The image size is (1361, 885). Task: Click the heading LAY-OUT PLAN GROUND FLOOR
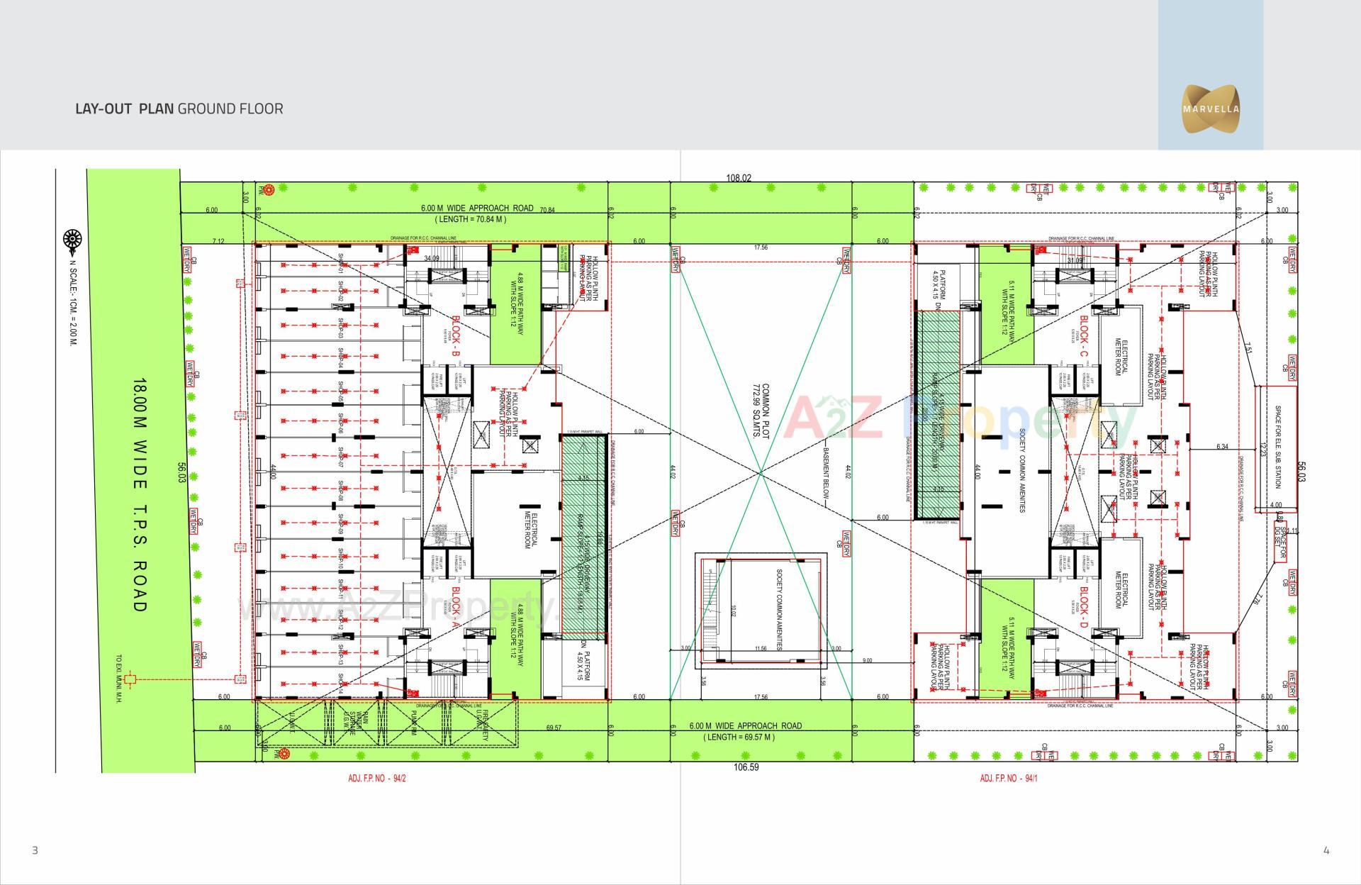(179, 108)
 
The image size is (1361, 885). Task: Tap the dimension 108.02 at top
(738, 178)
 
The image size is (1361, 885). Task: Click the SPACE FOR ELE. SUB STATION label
(1277, 447)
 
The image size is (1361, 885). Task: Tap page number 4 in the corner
(1326, 850)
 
